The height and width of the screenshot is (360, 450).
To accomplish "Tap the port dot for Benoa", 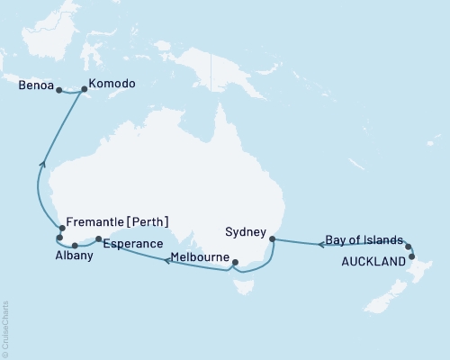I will click(58, 90).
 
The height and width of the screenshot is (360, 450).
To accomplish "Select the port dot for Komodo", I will click(85, 89).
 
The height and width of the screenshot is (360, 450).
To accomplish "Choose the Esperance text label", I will click(132, 244).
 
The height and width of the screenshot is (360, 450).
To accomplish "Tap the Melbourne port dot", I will click(233, 263).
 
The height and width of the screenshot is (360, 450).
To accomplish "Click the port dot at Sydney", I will click(272, 239).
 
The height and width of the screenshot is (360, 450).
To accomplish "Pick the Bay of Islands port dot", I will click(408, 246).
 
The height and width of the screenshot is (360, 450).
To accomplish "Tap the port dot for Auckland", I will click(412, 256).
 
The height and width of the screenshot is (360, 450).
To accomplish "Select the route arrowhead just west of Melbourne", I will click(166, 261).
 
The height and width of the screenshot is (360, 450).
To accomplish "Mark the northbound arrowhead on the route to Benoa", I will click(41, 164).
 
